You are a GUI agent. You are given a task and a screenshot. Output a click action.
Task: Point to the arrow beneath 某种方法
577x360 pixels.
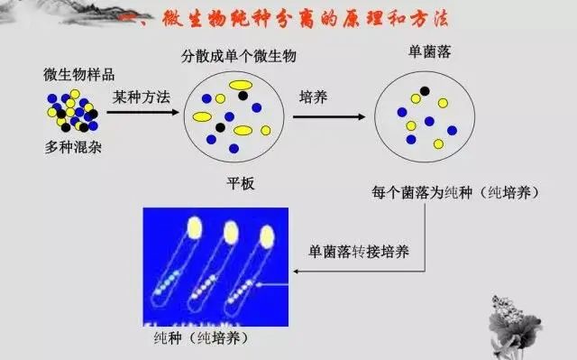click(141, 112)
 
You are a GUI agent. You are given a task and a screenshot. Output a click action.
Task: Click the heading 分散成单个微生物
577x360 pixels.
click(239, 57)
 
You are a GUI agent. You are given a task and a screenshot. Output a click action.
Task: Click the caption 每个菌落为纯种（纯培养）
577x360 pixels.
click(456, 192)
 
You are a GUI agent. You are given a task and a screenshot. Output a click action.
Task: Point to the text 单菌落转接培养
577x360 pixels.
click(358, 251)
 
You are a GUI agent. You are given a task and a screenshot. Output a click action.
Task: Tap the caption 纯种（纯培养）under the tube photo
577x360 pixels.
click(199, 338)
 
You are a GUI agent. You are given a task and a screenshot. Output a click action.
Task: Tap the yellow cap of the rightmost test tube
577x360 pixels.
click(266, 237)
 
